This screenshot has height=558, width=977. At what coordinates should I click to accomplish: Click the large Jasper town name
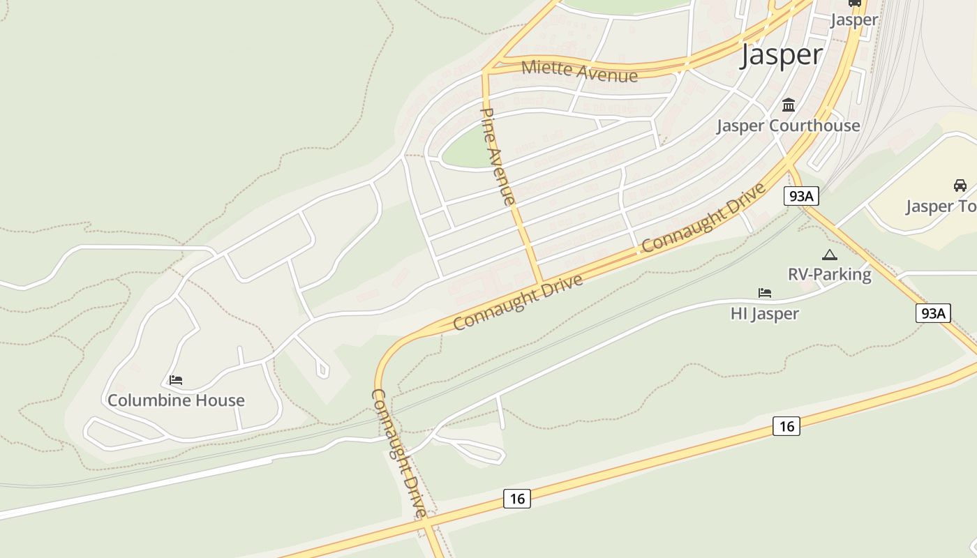click(x=781, y=54)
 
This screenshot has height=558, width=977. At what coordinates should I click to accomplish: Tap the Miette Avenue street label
click(x=579, y=70)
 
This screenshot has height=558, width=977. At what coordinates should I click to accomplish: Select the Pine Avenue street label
click(x=498, y=156)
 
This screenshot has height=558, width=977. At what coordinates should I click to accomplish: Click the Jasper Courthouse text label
click(x=789, y=126)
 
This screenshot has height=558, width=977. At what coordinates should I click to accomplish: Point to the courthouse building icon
click(x=789, y=105)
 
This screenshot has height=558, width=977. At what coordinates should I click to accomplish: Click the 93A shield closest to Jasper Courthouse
click(x=800, y=196)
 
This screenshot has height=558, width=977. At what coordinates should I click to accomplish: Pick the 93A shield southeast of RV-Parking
click(x=933, y=313)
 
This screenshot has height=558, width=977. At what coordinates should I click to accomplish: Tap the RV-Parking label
click(x=830, y=274)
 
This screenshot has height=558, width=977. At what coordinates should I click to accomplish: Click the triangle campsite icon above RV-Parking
click(x=829, y=255)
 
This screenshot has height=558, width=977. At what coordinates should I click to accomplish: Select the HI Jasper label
click(x=764, y=313)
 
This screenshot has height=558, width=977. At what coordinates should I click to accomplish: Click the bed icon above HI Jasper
click(x=765, y=293)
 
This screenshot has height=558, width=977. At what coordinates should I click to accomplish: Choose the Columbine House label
click(x=176, y=400)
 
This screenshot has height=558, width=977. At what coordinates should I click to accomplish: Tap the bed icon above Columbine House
click(x=176, y=380)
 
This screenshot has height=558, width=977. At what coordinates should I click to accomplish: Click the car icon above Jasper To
click(x=960, y=186)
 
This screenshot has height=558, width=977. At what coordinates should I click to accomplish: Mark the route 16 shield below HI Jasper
click(x=786, y=425)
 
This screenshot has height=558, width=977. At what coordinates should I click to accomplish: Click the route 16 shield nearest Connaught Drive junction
click(x=516, y=498)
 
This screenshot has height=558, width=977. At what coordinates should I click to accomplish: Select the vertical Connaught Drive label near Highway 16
click(x=398, y=453)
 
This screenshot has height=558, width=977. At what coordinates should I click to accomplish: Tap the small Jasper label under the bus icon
click(x=854, y=20)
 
